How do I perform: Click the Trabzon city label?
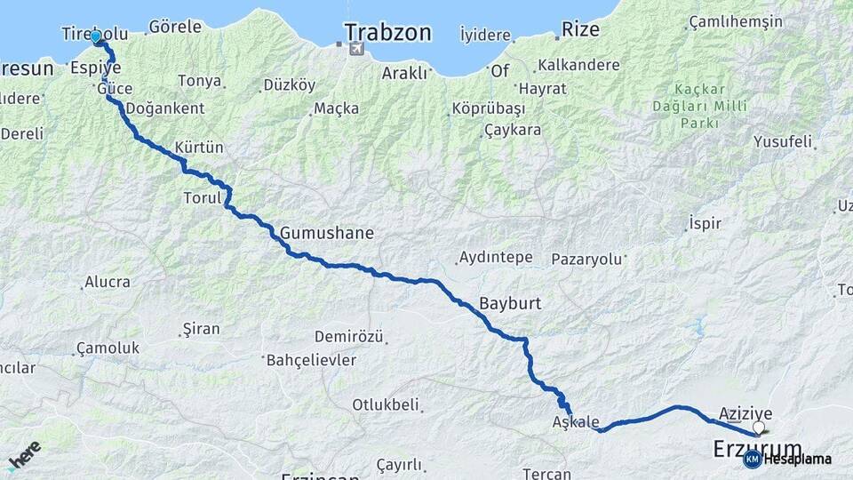(x=387, y=34)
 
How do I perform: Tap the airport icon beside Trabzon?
(x=356, y=48)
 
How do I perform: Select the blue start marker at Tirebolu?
(x=96, y=37)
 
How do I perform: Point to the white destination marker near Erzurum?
(x=759, y=428)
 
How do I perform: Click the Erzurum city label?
(x=757, y=449)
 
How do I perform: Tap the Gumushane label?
(x=326, y=233)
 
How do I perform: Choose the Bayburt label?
(x=510, y=303)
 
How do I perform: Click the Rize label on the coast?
(x=581, y=30)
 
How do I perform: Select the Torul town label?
(x=202, y=197)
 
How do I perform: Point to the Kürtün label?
(x=199, y=147)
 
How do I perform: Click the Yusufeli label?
(x=783, y=141)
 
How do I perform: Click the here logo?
(x=25, y=455)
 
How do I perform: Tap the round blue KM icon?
(x=752, y=459)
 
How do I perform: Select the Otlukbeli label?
(x=385, y=405)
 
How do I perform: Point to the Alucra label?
(x=107, y=283)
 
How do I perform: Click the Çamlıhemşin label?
(x=735, y=22)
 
